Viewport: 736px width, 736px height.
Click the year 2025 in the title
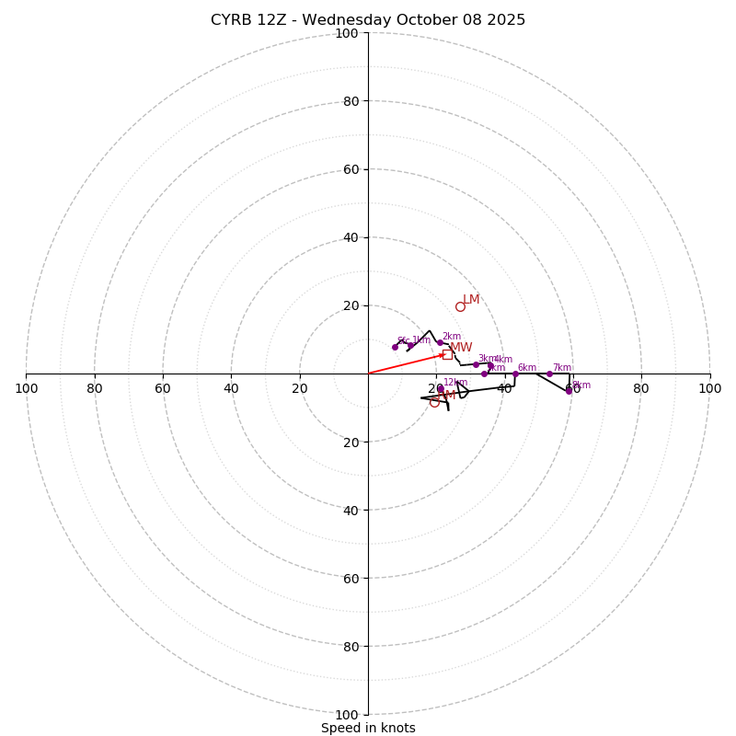point(505,20)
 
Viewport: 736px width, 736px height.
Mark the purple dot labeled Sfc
point(395,347)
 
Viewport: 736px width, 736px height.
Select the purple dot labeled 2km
point(440,342)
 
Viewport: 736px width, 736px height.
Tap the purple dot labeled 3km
point(476,364)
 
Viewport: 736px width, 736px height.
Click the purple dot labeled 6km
point(515,374)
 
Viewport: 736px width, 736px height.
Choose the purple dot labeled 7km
point(549,374)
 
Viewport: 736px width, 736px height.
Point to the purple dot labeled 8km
point(569,390)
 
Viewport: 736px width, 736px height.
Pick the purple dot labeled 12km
point(440,388)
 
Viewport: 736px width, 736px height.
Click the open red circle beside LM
point(460,306)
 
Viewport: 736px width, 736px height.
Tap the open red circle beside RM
point(434,402)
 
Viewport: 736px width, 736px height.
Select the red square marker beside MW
point(447,354)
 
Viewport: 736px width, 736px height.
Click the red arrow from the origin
point(405,364)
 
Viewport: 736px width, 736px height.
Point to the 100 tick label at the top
point(347,34)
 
